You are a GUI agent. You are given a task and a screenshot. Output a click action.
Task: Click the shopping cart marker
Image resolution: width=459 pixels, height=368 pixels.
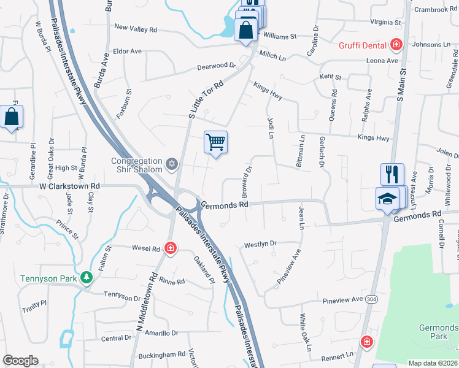point(215,143)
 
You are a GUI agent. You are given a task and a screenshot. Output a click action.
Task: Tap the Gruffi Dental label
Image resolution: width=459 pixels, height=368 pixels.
point(363,45)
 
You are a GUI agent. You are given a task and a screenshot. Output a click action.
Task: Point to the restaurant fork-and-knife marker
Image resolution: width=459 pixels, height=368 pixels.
point(392,175)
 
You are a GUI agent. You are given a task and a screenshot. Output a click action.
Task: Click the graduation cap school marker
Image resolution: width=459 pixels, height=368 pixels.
point(388,197)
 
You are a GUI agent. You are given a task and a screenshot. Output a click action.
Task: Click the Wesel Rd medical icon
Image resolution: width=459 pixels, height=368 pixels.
point(171,248)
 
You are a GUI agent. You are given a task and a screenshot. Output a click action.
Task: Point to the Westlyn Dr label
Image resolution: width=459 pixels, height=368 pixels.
point(261,244)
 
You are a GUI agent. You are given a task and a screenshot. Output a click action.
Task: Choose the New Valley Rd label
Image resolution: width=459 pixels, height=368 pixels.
point(136,29)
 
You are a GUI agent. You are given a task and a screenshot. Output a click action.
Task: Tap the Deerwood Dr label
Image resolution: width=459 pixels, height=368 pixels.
point(216,66)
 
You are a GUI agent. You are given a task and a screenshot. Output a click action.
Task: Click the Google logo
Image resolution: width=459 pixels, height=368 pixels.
point(20,361)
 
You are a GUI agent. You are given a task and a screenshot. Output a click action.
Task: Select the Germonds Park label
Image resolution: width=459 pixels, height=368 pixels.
point(438,332)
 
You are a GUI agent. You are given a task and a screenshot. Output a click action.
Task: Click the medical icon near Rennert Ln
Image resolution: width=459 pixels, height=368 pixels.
point(366,342)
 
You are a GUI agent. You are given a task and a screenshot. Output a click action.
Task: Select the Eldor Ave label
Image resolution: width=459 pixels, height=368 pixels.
point(127,51)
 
